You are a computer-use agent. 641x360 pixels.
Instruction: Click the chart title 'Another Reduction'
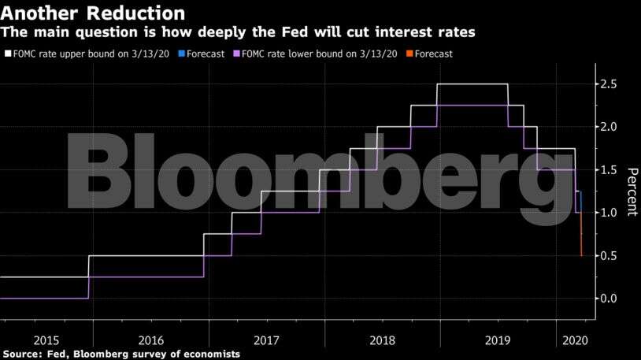[x=94, y=13]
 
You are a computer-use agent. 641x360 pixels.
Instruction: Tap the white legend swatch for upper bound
[x=8, y=54]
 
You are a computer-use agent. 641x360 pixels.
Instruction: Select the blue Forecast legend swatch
[x=181, y=54]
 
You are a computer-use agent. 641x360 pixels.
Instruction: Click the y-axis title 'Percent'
[x=632, y=191]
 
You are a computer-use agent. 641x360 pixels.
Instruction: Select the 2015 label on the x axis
[x=46, y=340]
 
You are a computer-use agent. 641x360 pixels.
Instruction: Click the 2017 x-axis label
[x=266, y=340]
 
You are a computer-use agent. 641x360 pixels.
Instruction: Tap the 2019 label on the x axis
[x=498, y=340]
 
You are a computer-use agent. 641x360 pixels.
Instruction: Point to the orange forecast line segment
[x=581, y=240]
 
